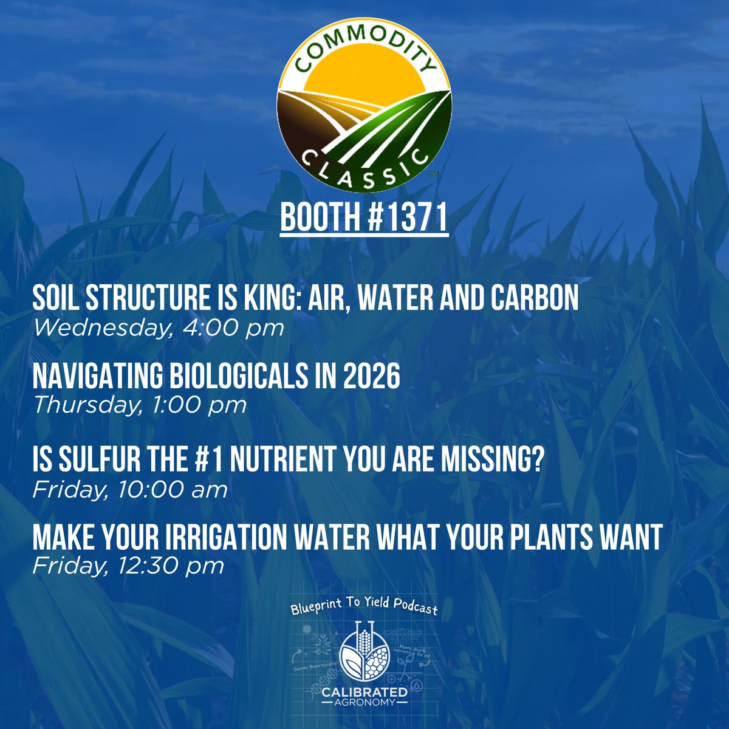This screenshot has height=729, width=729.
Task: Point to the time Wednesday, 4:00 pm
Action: (159, 328)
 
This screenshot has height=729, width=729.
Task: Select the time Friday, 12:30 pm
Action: (128, 566)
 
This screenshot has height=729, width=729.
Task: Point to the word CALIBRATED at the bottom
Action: (364, 693)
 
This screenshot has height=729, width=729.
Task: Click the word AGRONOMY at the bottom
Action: (364, 703)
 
